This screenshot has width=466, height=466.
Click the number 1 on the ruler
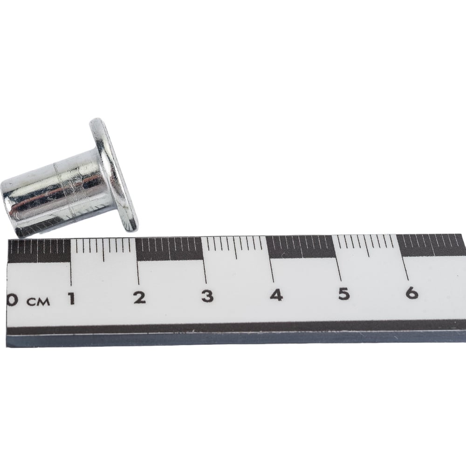(71, 298)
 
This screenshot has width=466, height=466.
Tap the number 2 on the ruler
(139, 297)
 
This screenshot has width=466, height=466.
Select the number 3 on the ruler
(207, 296)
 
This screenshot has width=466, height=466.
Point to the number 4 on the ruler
(276, 295)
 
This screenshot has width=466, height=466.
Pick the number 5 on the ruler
(344, 294)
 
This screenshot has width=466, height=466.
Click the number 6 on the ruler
(412, 293)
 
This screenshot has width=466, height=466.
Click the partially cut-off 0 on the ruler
(11, 300)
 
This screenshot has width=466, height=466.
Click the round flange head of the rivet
(114, 175)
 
